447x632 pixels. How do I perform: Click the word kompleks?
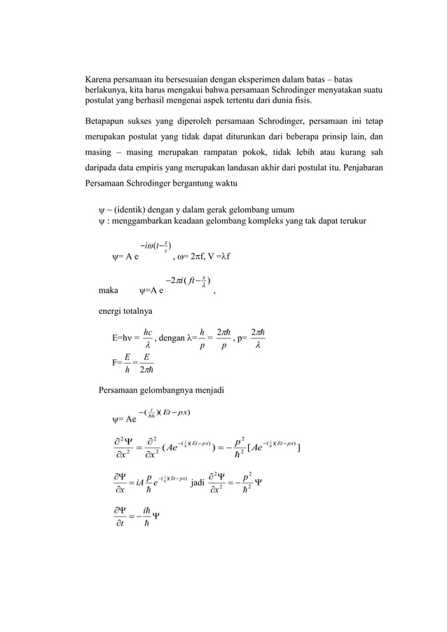coord(277,222)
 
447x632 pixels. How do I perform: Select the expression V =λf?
coord(233,256)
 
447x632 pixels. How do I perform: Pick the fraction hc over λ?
coord(148,338)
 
